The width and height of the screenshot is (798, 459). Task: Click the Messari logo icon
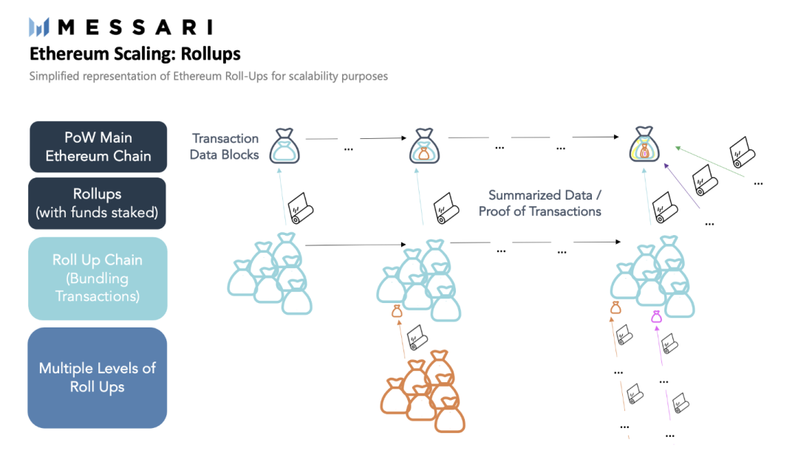38,27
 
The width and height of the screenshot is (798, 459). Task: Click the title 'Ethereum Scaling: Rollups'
135,54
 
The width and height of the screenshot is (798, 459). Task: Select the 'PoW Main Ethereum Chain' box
98,146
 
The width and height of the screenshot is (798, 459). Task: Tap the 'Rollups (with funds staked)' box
98,203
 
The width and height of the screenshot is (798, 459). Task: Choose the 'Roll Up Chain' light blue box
98,279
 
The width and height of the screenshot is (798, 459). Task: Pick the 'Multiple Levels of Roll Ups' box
98,378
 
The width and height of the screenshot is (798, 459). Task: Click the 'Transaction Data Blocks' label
225,146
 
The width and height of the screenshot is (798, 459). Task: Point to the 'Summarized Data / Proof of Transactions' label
540,203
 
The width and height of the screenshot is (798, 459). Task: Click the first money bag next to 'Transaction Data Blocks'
284,146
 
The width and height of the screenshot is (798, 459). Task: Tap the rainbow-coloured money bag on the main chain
644,145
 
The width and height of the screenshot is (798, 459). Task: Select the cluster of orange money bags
423,391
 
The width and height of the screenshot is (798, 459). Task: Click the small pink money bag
657,316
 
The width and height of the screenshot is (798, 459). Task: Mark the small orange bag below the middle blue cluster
397,311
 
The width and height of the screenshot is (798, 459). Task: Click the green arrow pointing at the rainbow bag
709,162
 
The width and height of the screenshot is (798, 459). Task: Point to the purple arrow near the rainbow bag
682,186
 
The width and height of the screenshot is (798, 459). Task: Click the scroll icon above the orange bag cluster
417,337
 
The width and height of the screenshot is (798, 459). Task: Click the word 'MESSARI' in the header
135,27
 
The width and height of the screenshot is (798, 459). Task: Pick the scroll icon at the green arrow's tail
742,152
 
